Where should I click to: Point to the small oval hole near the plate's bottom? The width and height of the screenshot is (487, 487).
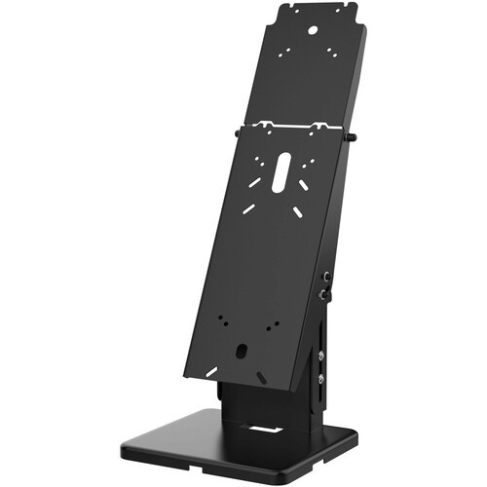pos(239,350)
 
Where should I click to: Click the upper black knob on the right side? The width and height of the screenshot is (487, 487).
pos(328,278)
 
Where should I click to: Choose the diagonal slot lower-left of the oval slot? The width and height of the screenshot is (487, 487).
pos(251,207)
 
